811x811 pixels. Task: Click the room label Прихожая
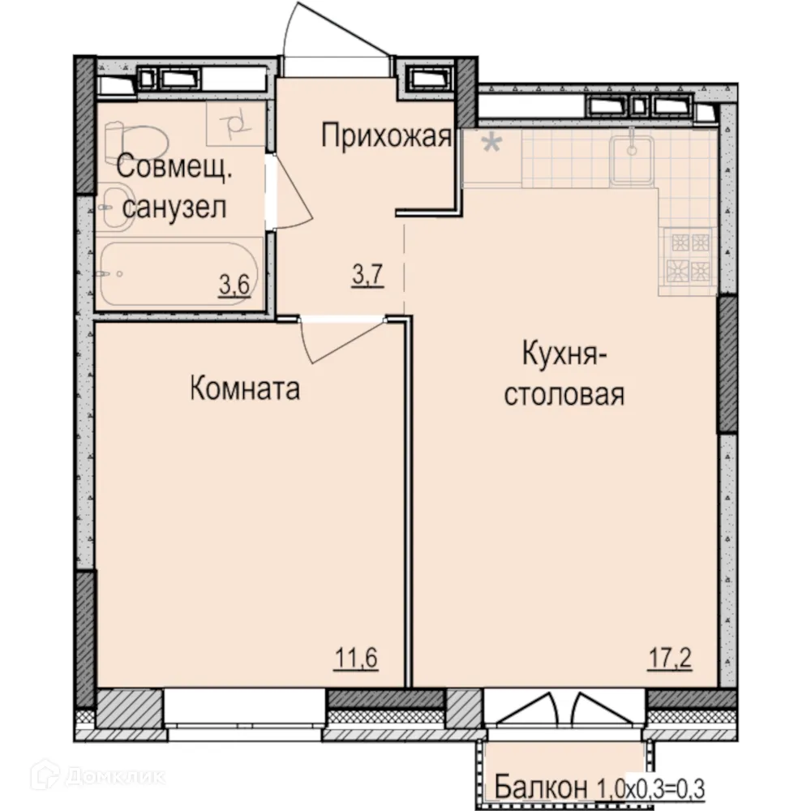coord(385,136)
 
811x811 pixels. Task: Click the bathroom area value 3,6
coord(233,285)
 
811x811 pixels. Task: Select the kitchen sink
coord(632,157)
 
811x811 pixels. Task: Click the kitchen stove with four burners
coord(688,255)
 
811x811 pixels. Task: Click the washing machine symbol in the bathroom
coord(234,124)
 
